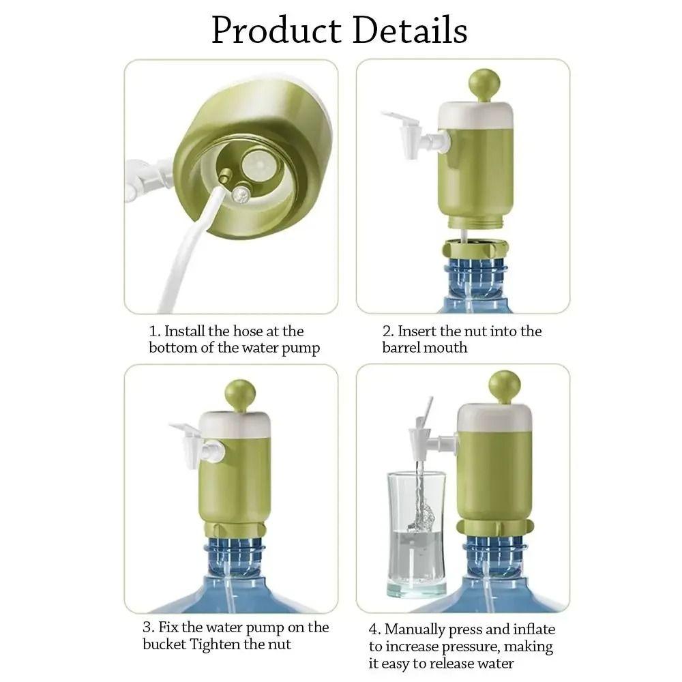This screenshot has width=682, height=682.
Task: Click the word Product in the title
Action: (x=276, y=31)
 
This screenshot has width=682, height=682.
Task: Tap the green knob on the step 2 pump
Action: (x=484, y=83)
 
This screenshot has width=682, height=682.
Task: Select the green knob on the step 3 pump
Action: (x=240, y=394)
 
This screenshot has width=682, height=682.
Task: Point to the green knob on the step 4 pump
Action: (x=505, y=385)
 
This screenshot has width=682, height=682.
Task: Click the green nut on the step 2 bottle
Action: (x=475, y=248)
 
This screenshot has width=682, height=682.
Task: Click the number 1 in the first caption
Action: (x=153, y=332)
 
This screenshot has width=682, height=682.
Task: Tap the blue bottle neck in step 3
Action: (x=236, y=556)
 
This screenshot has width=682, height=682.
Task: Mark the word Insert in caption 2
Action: (x=417, y=331)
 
